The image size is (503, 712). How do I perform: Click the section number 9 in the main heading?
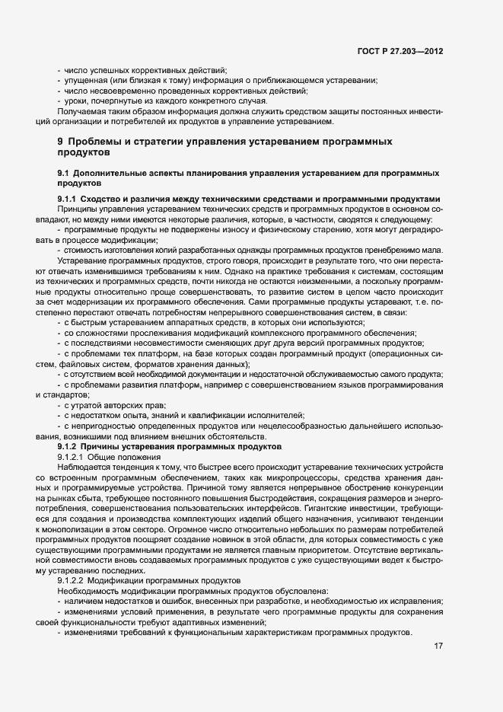60,142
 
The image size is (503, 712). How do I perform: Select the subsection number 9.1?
63,174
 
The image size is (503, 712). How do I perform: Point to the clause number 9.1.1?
69,200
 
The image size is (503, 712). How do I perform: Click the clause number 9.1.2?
69,446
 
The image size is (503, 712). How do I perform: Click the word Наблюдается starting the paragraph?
82,465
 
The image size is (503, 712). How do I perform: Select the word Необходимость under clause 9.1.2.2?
88,589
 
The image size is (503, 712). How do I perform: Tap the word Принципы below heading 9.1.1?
78,209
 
